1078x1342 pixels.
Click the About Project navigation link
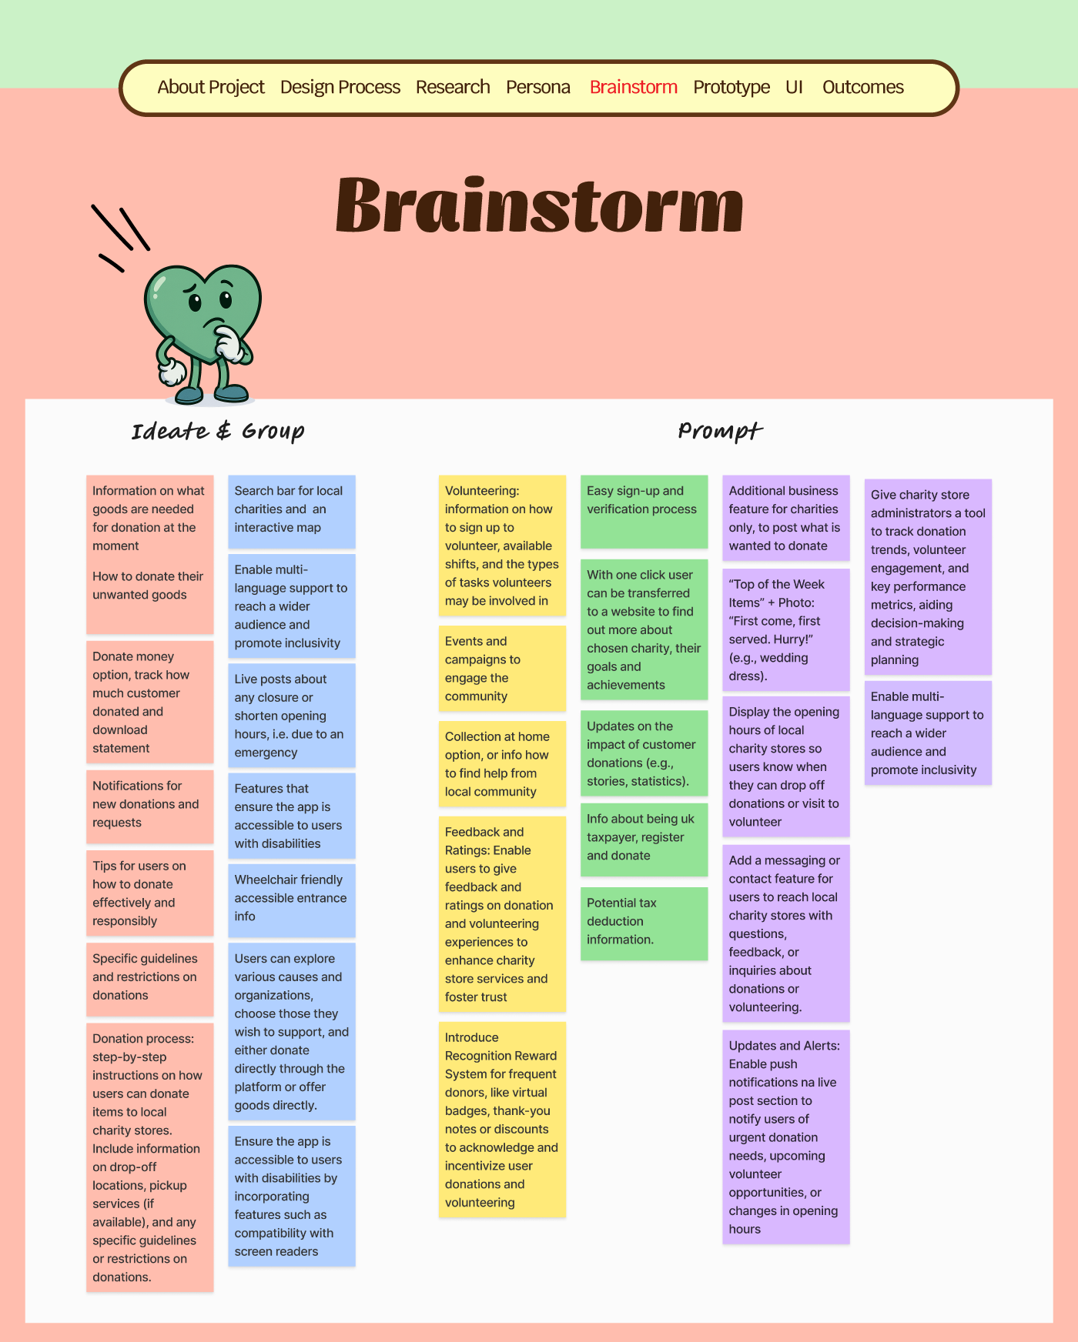pos(210,87)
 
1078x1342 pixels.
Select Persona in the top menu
pos(537,87)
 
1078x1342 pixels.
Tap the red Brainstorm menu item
pos(633,87)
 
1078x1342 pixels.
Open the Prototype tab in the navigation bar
pos(731,87)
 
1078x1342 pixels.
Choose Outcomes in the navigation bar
pos(862,87)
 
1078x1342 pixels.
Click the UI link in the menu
pos(794,87)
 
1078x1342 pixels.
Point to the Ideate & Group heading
pos(218,431)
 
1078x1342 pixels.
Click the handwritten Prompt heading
pos(720,431)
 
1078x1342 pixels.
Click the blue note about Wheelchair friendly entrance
pos(291,899)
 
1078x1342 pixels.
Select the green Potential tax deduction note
pos(644,922)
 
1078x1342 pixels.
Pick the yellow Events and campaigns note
pos(501,669)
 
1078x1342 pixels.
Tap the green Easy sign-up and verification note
pos(644,509)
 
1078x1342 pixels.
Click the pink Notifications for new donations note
pos(149,805)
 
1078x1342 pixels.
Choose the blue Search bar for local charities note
pos(291,510)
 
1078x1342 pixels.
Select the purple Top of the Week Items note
pos(785,629)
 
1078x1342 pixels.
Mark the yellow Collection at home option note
pos(501,764)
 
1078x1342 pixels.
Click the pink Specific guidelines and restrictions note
pos(149,977)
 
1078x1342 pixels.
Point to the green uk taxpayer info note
pos(644,838)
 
